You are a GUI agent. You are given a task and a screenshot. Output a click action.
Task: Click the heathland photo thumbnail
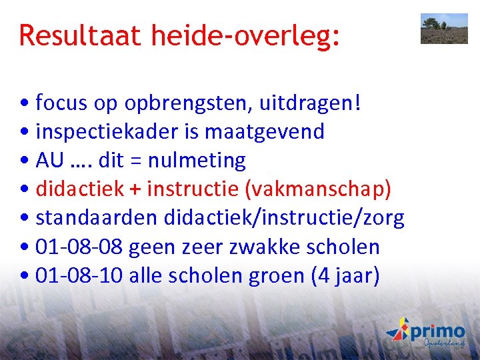444,29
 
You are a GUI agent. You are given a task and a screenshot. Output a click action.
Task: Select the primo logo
426,333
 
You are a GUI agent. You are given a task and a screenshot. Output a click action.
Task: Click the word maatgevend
264,132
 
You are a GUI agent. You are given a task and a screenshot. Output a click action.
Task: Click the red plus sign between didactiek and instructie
135,189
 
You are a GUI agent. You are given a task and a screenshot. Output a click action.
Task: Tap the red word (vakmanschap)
319,189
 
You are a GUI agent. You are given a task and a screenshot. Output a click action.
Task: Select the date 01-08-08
79,247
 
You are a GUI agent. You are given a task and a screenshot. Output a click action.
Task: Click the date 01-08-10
79,275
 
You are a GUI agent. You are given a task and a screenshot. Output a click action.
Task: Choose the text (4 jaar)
345,276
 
